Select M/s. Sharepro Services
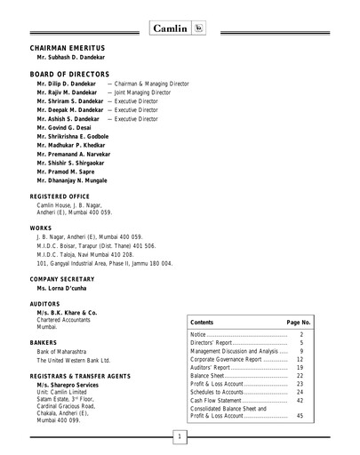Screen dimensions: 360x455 click(72, 386)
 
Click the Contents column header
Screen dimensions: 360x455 click(202, 321)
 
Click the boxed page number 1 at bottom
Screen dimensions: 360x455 click(180, 437)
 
